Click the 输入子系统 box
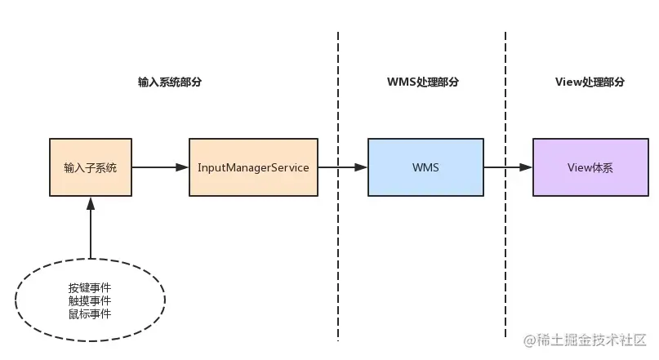[x=90, y=167]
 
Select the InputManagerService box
[x=253, y=167]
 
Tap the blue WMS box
[x=425, y=167]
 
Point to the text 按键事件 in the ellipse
[x=90, y=289]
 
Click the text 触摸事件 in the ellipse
[x=90, y=301]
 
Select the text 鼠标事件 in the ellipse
[x=90, y=313]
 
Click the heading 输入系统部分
[x=170, y=82]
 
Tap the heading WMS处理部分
[x=422, y=82]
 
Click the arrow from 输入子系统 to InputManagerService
[x=160, y=167]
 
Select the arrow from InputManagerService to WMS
[x=341, y=167]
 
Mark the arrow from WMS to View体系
[x=508, y=167]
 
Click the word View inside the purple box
[x=579, y=167]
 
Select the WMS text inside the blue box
[x=425, y=167]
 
